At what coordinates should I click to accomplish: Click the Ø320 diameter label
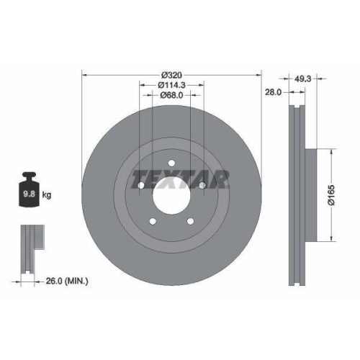(x=171, y=75)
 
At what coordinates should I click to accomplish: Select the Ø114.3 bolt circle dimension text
(x=171, y=85)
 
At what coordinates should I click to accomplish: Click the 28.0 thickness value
(x=272, y=92)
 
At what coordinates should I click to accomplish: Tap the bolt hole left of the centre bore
(x=141, y=187)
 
